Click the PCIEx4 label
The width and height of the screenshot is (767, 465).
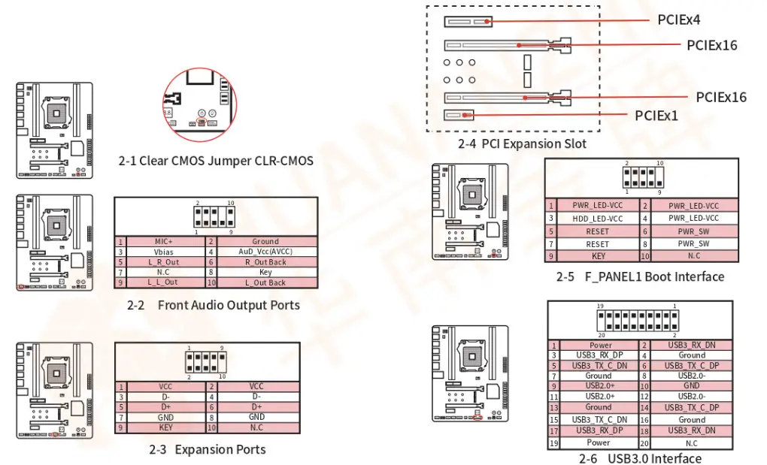(x=678, y=20)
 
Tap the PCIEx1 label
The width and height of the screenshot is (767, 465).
(x=656, y=116)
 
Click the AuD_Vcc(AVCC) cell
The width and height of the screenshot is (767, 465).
(x=265, y=252)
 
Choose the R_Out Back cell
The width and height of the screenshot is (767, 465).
(x=265, y=262)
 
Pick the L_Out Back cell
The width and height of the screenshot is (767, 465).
(x=265, y=282)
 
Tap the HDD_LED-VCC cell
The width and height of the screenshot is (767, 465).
(x=597, y=219)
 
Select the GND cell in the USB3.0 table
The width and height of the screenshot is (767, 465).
(x=691, y=385)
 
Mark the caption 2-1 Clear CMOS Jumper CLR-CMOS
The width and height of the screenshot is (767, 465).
(x=216, y=161)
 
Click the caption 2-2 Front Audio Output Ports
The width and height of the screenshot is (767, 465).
(x=214, y=305)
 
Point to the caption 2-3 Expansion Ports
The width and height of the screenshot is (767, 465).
(x=207, y=449)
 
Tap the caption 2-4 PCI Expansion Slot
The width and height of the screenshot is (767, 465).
(x=522, y=143)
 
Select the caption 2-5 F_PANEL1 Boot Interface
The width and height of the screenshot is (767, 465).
(x=640, y=276)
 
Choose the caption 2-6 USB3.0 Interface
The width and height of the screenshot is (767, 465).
(x=640, y=458)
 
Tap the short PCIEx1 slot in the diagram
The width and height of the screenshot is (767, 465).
(x=460, y=116)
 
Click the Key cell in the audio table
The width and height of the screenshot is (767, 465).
(x=265, y=273)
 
